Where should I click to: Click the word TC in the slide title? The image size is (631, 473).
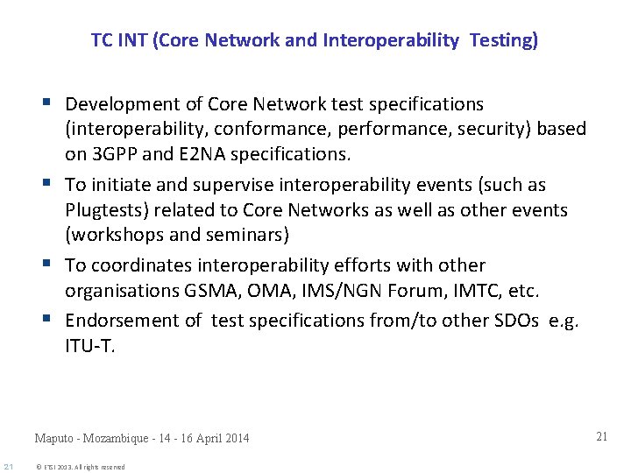(100, 40)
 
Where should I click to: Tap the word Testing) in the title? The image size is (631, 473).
(504, 40)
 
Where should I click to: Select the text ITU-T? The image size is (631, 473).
(89, 346)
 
